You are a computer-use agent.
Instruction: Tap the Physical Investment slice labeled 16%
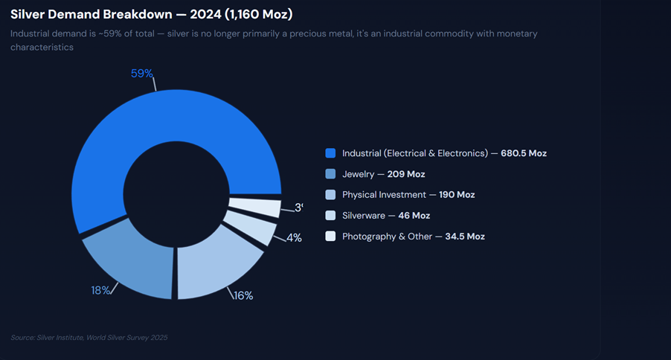(x=216, y=268)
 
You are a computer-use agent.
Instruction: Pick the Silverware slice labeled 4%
(x=251, y=227)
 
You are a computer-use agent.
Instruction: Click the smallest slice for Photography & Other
(x=255, y=206)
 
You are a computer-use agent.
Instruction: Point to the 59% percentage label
(x=142, y=74)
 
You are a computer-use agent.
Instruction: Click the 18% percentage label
(x=101, y=290)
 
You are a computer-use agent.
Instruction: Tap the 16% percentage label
(x=243, y=295)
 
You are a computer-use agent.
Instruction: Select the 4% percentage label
(x=294, y=238)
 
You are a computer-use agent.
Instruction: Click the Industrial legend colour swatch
(x=331, y=153)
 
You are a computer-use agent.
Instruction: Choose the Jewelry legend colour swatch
(x=331, y=174)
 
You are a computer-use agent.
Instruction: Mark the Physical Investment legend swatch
(x=331, y=195)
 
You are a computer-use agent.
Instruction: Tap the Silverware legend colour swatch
(x=331, y=216)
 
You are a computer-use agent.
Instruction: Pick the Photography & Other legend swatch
(x=331, y=237)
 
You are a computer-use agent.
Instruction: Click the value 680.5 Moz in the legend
(x=524, y=153)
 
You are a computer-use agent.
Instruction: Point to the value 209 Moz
(x=406, y=174)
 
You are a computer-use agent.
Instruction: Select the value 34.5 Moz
(x=465, y=237)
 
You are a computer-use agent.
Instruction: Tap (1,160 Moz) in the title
(x=251, y=15)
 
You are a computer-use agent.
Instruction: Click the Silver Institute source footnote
(x=89, y=338)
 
